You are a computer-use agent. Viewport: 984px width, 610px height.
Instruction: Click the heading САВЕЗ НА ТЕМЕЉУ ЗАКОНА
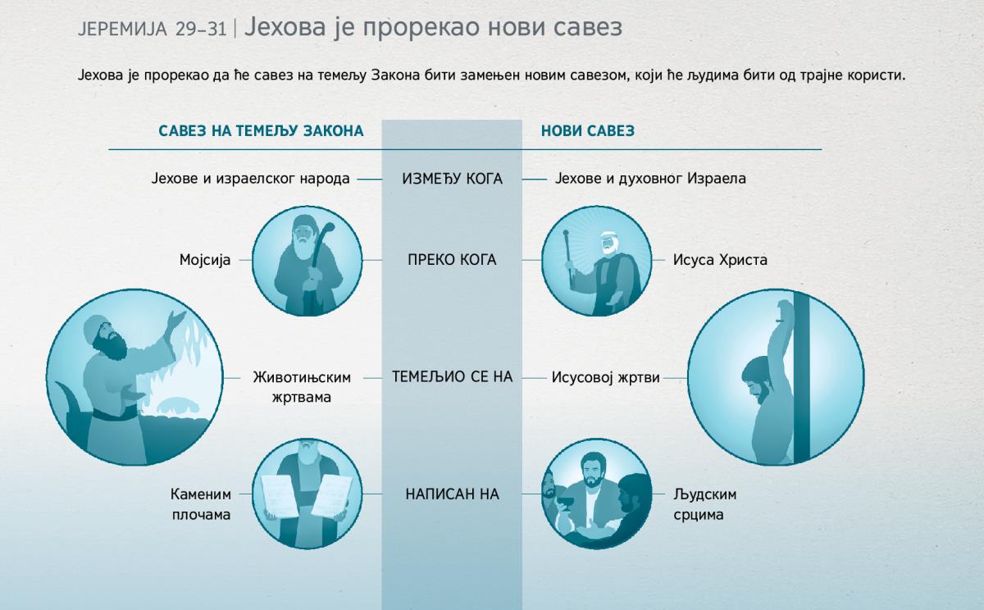point(261,130)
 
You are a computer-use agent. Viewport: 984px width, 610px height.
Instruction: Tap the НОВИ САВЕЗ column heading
point(587,130)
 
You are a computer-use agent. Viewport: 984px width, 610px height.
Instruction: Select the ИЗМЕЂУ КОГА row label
point(452,178)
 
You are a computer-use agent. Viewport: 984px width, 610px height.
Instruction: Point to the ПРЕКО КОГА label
point(452,260)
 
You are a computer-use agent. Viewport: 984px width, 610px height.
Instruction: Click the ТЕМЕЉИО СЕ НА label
point(452,377)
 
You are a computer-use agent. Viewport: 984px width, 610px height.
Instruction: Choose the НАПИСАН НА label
point(452,494)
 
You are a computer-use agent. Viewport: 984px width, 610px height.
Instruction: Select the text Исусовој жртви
point(606,378)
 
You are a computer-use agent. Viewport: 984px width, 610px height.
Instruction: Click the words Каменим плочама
point(201,505)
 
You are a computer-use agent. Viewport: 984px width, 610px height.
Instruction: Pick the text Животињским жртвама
point(301,387)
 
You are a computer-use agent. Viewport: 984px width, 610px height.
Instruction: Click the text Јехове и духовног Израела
point(650,178)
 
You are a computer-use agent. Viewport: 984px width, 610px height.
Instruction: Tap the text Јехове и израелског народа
point(251,178)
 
